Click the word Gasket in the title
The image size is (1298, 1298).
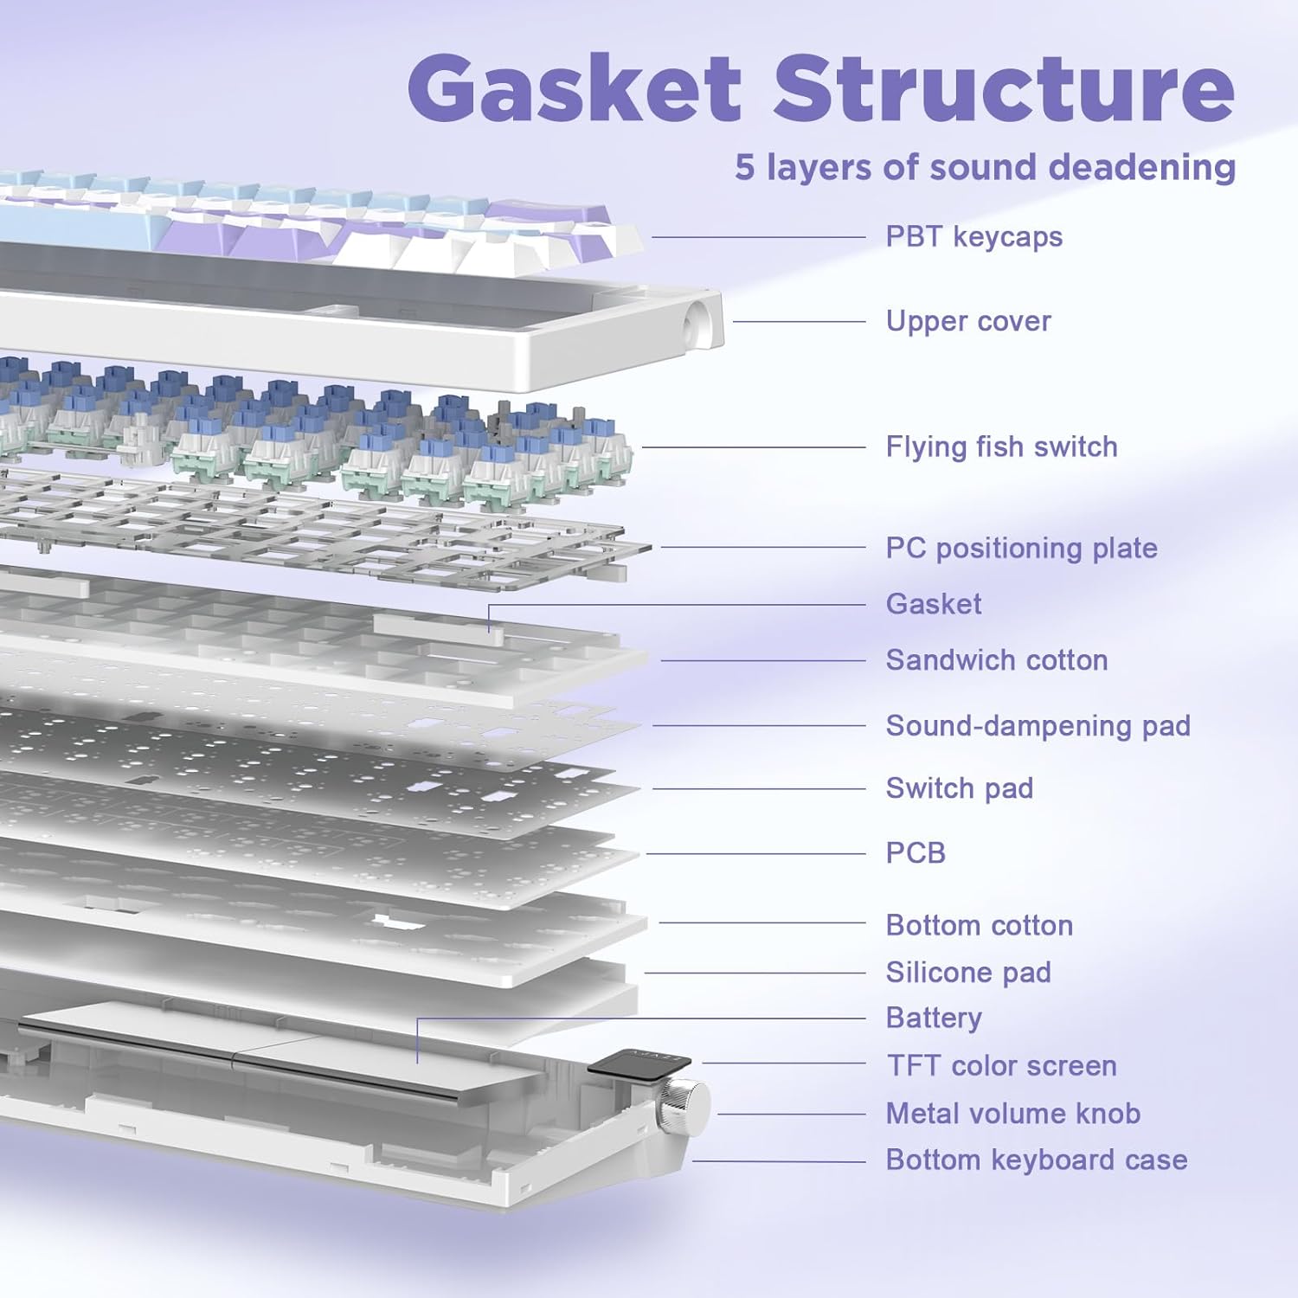click(x=575, y=88)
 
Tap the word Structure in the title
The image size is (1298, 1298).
click(x=1003, y=88)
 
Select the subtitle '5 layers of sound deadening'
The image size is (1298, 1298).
click(x=985, y=167)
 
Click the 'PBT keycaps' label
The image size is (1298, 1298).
click(x=973, y=236)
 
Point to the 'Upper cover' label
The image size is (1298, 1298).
click(x=967, y=321)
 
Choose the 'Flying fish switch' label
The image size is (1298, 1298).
click(x=1001, y=447)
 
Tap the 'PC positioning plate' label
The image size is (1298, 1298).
click(x=1021, y=548)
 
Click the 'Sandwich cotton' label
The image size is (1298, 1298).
click(x=996, y=660)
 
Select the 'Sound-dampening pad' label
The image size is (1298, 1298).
click(x=1038, y=725)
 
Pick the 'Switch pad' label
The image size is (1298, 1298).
click(x=959, y=788)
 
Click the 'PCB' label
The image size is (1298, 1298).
click(x=915, y=853)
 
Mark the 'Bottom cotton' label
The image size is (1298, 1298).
click(x=979, y=925)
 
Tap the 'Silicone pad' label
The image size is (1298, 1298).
click(x=967, y=973)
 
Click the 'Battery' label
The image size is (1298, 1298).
click(x=933, y=1018)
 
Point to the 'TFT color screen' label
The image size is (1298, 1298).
click(x=1001, y=1065)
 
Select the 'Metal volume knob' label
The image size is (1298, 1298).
click(x=1012, y=1113)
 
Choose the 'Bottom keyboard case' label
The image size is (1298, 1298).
click(x=1036, y=1160)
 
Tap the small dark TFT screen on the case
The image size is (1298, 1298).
click(x=639, y=1063)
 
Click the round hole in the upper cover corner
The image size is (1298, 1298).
click(x=695, y=325)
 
